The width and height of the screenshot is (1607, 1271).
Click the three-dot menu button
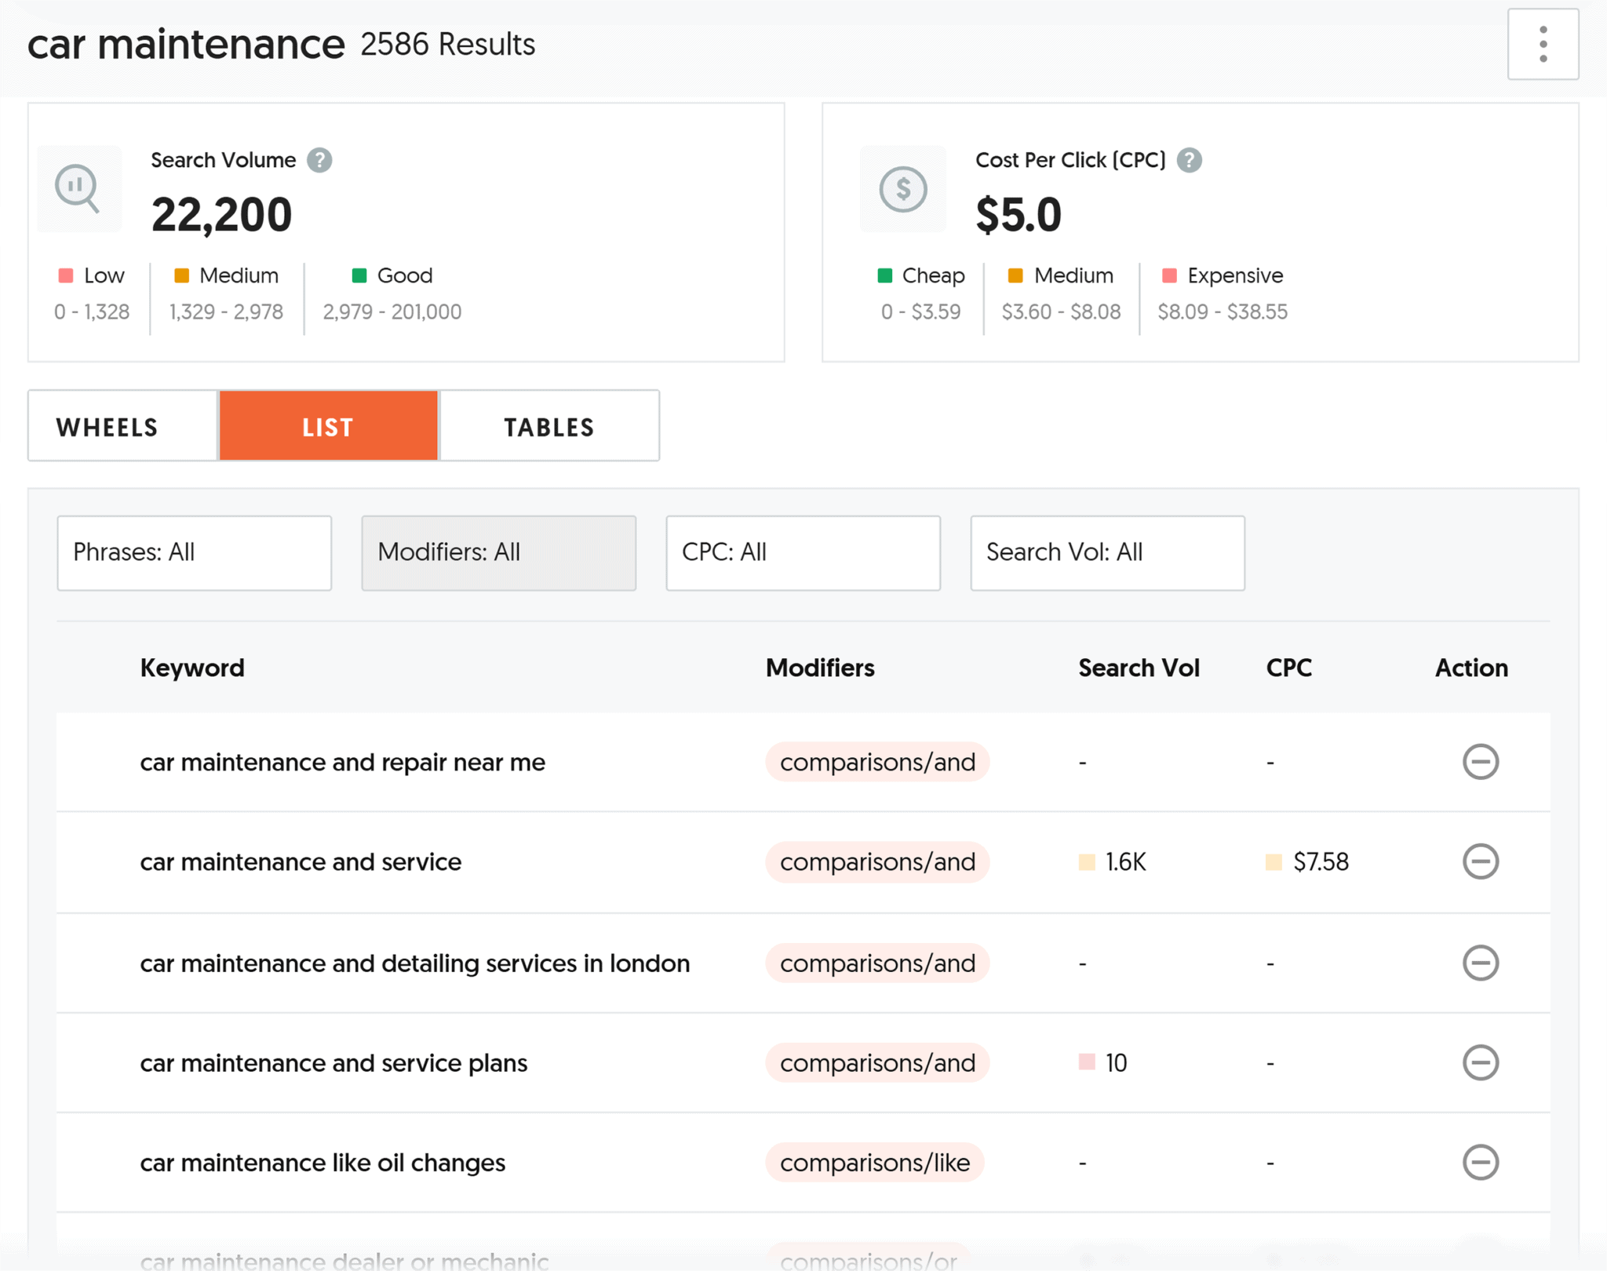tap(1542, 44)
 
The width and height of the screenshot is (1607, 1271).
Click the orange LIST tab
tap(328, 427)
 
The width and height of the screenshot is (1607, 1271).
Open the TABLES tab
tap(549, 427)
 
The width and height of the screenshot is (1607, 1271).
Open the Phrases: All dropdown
tap(194, 552)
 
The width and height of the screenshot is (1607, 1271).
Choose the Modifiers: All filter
tap(498, 552)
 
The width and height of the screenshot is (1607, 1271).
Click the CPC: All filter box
tap(803, 552)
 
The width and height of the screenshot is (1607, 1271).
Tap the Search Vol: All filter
tap(1107, 552)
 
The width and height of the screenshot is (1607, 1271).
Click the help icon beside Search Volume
tap(319, 160)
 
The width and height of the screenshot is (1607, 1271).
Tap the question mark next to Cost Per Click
tap(1190, 160)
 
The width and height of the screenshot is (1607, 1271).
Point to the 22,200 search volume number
tap(221, 215)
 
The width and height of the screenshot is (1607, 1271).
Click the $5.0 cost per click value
tap(1018, 215)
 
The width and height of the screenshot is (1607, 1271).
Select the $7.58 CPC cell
tap(1320, 862)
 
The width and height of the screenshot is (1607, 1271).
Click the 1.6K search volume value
tap(1124, 862)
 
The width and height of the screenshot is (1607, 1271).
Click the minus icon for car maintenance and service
tap(1480, 861)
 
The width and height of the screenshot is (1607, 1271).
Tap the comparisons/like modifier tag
tap(874, 1163)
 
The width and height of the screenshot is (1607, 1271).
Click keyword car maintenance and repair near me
tap(342, 763)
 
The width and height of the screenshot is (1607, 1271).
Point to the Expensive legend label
tap(1234, 275)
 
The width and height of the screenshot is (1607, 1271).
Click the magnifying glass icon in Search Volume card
tap(78, 188)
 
